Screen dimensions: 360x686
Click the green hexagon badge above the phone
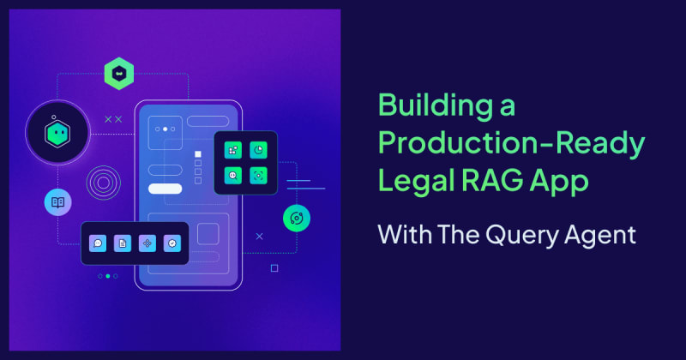pyautogui.click(x=118, y=75)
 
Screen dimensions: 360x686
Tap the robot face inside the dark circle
pyautogui.click(x=57, y=132)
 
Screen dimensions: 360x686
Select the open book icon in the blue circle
pyautogui.click(x=57, y=202)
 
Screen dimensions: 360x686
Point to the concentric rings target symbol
pyautogui.click(x=103, y=183)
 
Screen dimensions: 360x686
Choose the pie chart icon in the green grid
pyautogui.click(x=259, y=150)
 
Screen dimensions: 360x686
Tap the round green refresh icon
pyautogui.click(x=296, y=218)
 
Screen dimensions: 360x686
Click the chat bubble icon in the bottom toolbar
pyautogui.click(x=98, y=243)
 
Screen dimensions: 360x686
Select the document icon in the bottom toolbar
pyautogui.click(x=123, y=243)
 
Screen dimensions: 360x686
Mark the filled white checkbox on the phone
pyautogui.click(x=198, y=154)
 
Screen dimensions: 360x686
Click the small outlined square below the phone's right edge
pyautogui.click(x=274, y=268)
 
